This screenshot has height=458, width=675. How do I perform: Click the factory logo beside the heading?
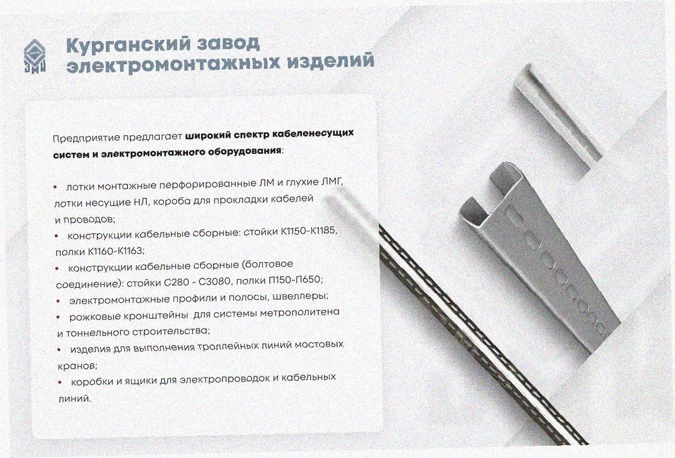click(x=34, y=56)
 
